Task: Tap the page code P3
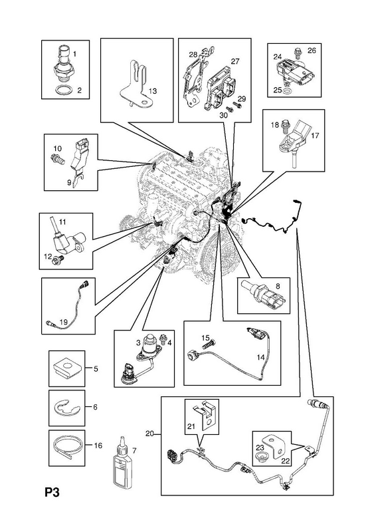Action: pyautogui.click(x=52, y=492)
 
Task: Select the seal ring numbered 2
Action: pyautogui.click(x=63, y=90)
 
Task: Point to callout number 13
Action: pyautogui.click(x=153, y=91)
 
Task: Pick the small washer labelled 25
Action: pyautogui.click(x=288, y=90)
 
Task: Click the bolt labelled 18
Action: pyautogui.click(x=284, y=125)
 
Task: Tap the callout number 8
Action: pyautogui.click(x=278, y=285)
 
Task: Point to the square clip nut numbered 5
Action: pyautogui.click(x=66, y=369)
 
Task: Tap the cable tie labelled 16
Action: pyautogui.click(x=66, y=445)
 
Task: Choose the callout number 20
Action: pyautogui.click(x=150, y=434)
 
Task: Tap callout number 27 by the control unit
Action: pyautogui.click(x=235, y=61)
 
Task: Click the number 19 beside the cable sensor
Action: pyautogui.click(x=63, y=321)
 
